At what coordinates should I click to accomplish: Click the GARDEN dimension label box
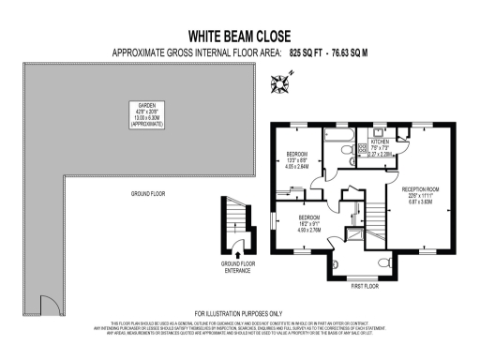pos(147,115)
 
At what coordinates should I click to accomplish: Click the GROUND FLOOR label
pos(146,194)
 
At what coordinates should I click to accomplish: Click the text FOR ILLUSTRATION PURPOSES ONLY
pos(238,313)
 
